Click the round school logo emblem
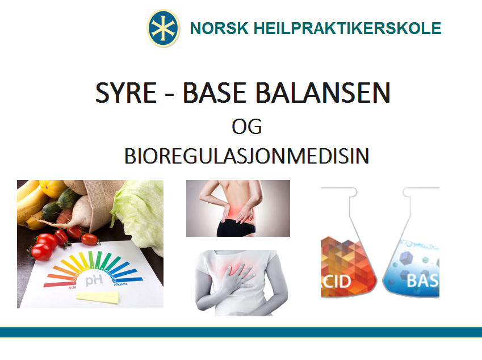coord(163,28)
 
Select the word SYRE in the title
coord(127,93)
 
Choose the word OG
coord(246,127)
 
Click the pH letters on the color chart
coord(94,280)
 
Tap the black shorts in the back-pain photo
coord(235,228)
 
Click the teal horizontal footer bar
coord(241,332)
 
